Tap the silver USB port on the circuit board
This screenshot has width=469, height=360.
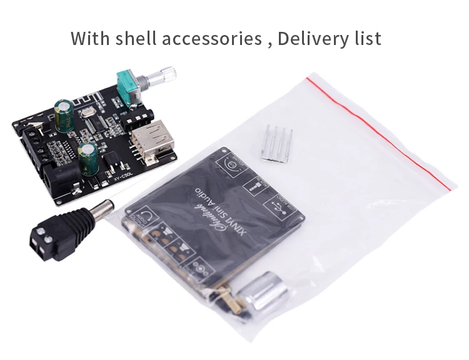pos(150,137)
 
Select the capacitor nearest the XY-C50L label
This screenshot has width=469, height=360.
pos(88,156)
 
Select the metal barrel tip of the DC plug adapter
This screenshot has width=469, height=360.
pos(99,207)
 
